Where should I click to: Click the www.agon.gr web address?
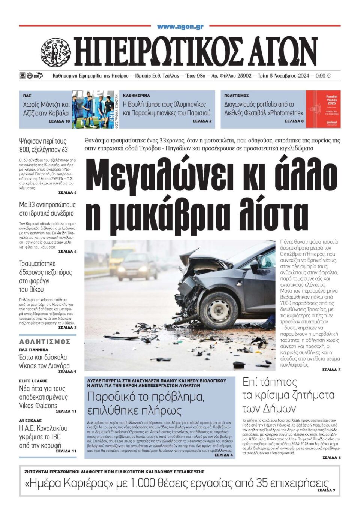180,27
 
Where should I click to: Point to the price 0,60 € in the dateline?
323,76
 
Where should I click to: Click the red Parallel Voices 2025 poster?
323,109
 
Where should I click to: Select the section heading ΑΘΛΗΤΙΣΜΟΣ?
45,341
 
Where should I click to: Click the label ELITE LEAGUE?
33,381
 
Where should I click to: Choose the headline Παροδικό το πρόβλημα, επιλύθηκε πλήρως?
146,403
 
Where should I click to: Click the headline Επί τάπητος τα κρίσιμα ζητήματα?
288,395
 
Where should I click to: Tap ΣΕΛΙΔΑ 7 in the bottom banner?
326,490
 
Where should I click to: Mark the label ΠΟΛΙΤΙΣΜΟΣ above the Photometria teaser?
237,96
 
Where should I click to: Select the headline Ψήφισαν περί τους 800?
43,145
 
